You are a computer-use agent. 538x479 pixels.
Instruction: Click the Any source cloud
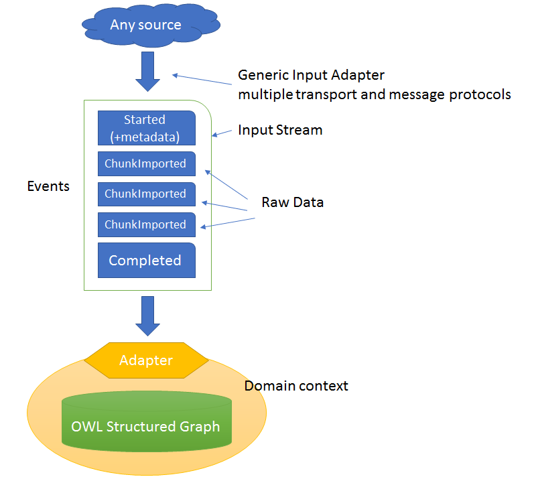(x=146, y=25)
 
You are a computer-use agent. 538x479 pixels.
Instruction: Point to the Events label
(x=48, y=186)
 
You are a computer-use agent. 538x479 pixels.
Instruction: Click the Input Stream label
(x=280, y=130)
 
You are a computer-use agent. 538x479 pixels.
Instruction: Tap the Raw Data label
(x=292, y=202)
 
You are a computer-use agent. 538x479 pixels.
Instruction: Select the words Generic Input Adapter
(x=312, y=74)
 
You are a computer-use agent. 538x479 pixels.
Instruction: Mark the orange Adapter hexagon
(x=146, y=360)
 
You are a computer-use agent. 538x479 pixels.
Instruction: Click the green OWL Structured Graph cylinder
(x=146, y=426)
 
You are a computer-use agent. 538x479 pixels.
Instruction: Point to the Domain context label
(x=296, y=386)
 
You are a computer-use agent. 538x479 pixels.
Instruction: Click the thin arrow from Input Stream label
(x=223, y=133)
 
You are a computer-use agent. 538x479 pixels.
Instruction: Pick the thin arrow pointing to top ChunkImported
(x=227, y=184)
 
